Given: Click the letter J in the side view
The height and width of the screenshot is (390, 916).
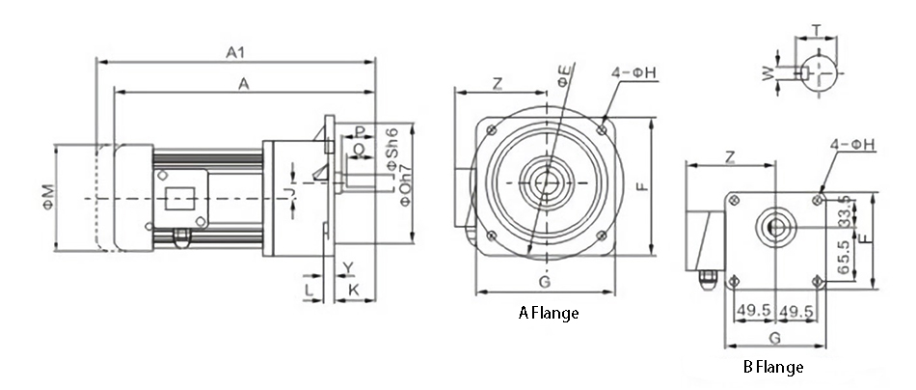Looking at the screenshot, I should [290, 192].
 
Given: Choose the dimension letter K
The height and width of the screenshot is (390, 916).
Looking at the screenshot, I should [354, 289].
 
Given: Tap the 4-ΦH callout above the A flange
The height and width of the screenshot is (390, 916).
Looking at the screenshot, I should [634, 71].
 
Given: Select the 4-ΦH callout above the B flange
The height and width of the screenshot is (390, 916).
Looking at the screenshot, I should [852, 145].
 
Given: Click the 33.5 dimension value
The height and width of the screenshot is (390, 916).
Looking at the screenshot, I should [846, 211].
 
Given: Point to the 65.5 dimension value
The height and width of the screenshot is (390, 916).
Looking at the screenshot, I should [846, 258].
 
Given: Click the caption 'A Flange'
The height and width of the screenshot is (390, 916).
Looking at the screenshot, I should [550, 313].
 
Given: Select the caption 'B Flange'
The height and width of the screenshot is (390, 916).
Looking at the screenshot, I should [772, 367].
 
